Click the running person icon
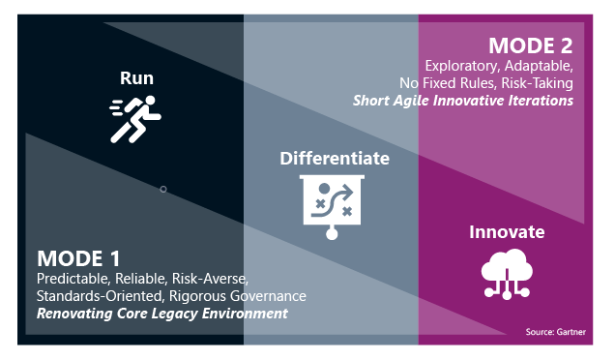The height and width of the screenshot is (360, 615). pos(135,120)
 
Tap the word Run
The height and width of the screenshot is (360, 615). pos(136,78)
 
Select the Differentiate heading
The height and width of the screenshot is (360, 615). pos(335,158)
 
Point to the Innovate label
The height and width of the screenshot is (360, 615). pos(506,232)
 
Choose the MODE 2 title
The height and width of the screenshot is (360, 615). pos(530,45)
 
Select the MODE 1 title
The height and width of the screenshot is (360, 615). pos(79,259)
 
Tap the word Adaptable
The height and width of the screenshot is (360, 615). pos(539,66)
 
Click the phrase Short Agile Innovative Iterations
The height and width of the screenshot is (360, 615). pos(463,100)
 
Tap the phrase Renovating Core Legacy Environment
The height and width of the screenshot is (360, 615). pos(162,314)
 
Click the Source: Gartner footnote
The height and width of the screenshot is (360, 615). pos(555,332)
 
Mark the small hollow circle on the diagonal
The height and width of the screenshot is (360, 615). pos(162,189)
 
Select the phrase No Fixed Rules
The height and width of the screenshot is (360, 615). pos(442,83)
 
